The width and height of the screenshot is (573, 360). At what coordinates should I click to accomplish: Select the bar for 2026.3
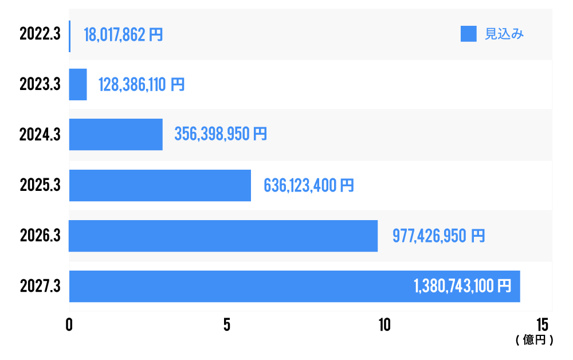[223, 236]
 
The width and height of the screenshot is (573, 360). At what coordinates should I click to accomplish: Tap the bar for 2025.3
[160, 185]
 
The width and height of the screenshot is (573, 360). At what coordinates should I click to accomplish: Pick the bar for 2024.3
[116, 135]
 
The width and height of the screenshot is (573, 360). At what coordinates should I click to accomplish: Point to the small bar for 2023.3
[78, 85]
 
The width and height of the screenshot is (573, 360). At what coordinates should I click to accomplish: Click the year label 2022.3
[40, 34]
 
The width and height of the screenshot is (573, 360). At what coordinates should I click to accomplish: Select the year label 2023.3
[40, 85]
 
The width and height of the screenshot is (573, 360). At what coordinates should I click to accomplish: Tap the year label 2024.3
[40, 135]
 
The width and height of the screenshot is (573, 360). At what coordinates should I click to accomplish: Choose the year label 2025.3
[40, 185]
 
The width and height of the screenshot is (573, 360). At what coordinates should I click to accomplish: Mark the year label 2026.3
[40, 236]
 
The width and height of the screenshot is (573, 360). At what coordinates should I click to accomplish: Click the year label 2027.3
[40, 286]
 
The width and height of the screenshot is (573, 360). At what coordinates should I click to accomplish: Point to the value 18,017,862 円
[123, 34]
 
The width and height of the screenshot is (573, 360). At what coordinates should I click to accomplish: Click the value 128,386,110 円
[142, 85]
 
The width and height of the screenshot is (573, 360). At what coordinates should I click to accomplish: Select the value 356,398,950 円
[221, 135]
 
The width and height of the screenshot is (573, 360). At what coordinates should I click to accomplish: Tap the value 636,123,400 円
[309, 185]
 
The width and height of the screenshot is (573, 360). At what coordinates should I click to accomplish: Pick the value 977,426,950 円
[438, 236]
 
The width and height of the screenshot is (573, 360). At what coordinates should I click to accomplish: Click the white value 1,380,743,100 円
[462, 286]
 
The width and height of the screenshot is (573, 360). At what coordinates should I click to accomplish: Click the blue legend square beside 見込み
[469, 34]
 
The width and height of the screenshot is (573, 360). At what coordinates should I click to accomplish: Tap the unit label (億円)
[534, 340]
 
